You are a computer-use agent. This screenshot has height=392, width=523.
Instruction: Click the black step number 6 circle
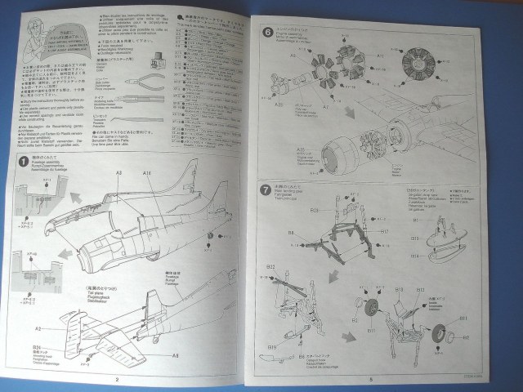[270, 33]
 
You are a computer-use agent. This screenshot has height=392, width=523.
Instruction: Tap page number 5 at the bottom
[370, 378]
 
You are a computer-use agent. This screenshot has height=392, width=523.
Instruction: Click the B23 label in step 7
[314, 211]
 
